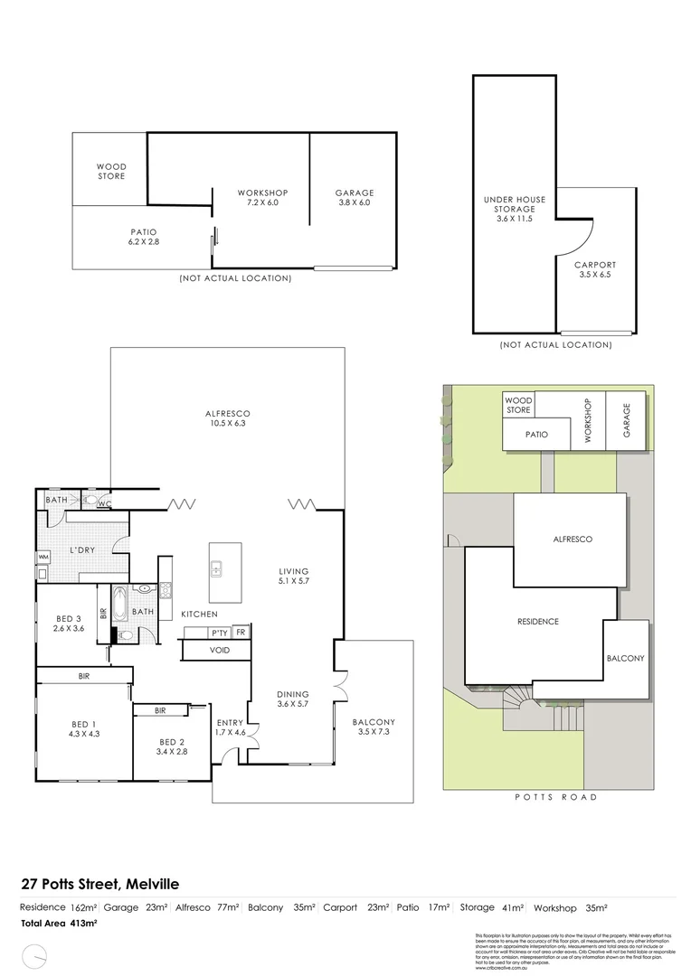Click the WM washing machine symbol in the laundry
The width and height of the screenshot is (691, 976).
pyautogui.click(x=43, y=558)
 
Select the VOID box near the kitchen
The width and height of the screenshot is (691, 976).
pyautogui.click(x=218, y=649)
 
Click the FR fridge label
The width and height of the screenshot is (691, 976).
pyautogui.click(x=241, y=632)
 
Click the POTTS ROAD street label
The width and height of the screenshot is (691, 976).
pyautogui.click(x=555, y=797)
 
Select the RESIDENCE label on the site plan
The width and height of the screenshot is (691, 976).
pyautogui.click(x=537, y=621)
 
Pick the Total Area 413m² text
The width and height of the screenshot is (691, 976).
pyautogui.click(x=60, y=923)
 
